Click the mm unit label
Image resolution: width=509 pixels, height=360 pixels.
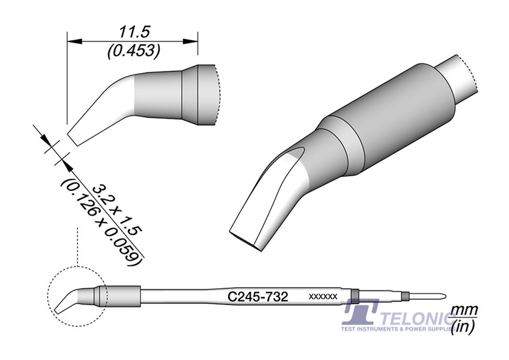[x=465, y=310]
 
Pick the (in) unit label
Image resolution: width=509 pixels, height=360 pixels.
[x=463, y=329]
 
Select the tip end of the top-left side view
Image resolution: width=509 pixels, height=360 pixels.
[x=73, y=138]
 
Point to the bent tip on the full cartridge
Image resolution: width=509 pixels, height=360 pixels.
[x=65, y=301]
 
